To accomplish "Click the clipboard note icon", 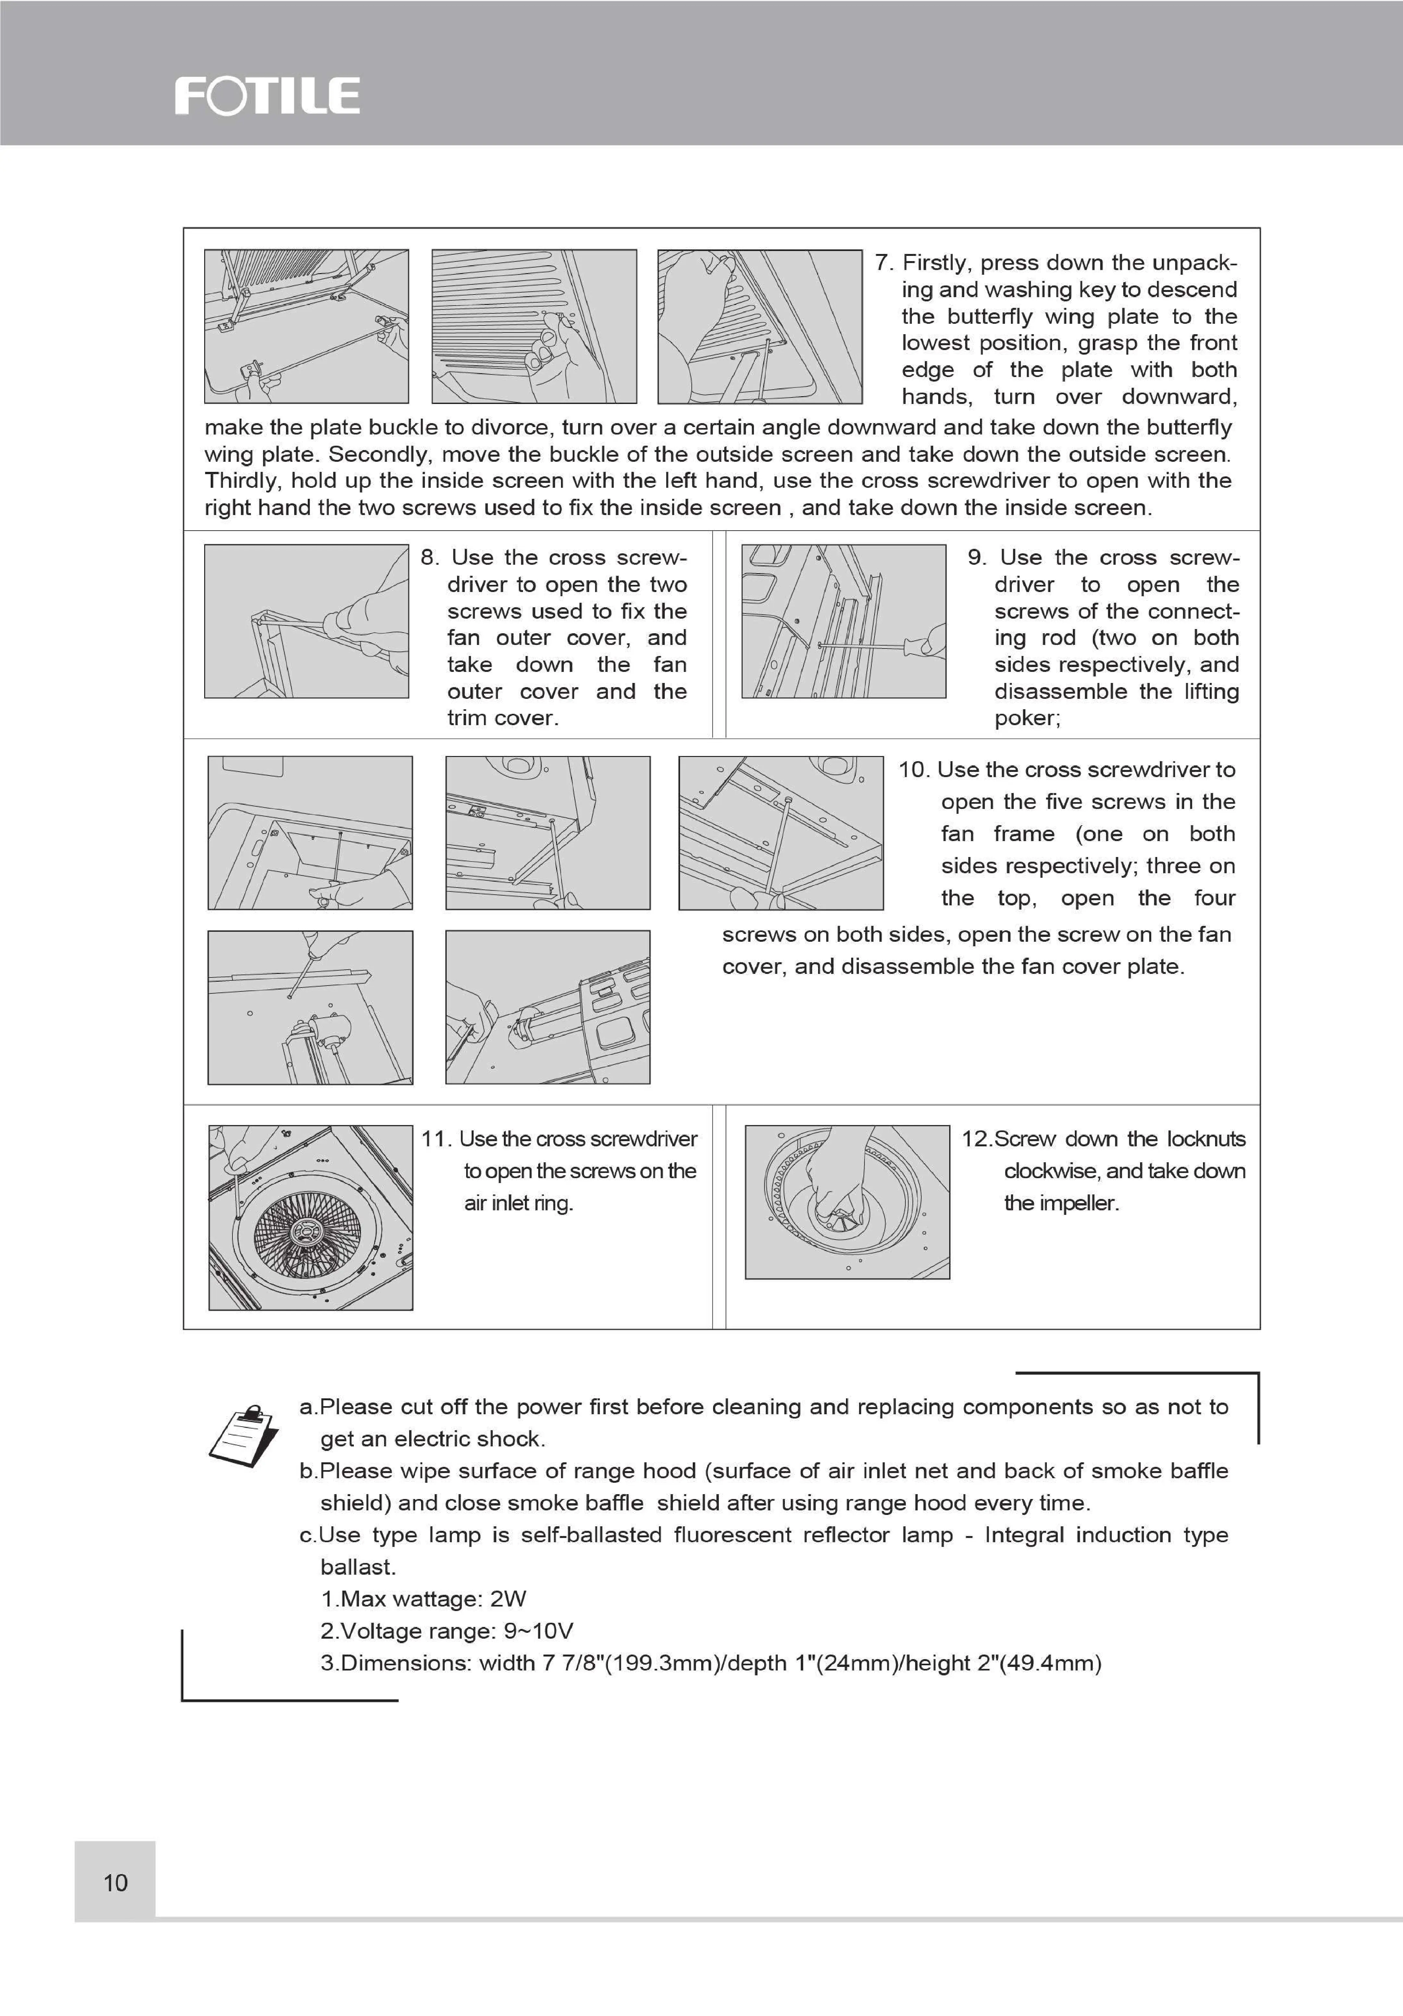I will (x=244, y=1435).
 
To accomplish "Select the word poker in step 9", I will (x=1025, y=718).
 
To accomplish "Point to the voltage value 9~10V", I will (x=538, y=1632).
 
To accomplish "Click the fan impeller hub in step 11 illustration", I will (x=307, y=1231).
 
